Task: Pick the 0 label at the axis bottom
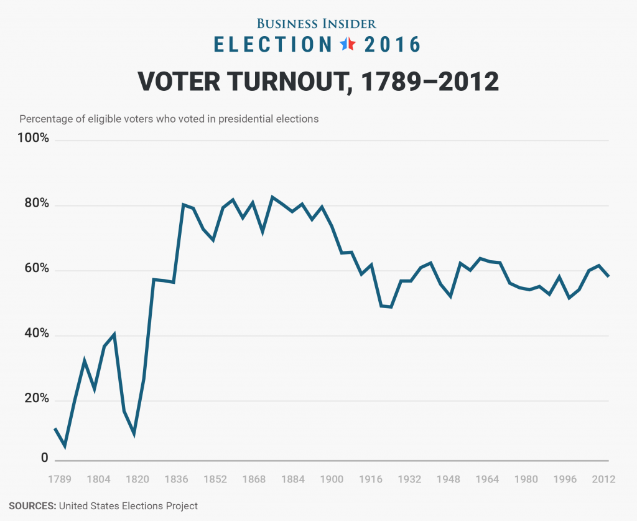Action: click(44, 458)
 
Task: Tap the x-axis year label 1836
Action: click(177, 480)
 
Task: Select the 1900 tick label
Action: click(332, 480)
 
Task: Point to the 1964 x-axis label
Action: click(488, 480)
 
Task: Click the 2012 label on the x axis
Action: click(603, 480)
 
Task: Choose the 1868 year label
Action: click(254, 480)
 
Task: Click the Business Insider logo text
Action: click(317, 24)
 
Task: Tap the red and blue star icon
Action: click(347, 44)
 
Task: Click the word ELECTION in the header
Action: click(273, 45)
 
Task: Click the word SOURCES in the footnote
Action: click(32, 506)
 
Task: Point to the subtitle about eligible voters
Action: click(169, 119)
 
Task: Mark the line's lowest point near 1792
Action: click(65, 446)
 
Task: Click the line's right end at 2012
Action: click(608, 276)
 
